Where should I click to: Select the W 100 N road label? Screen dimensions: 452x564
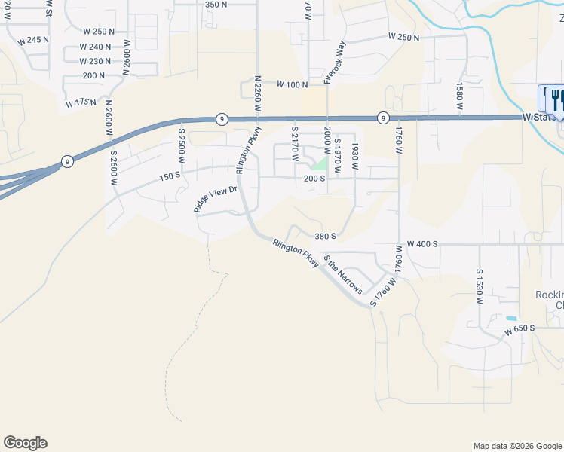293,84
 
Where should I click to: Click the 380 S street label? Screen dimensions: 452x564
325,236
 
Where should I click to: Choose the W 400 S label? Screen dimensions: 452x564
422,244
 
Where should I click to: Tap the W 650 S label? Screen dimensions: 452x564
520,328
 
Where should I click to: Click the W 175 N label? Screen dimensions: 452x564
82,101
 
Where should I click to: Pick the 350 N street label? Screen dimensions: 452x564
216,5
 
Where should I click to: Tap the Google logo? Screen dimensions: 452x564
25,443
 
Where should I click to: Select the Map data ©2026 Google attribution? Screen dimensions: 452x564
516,446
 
